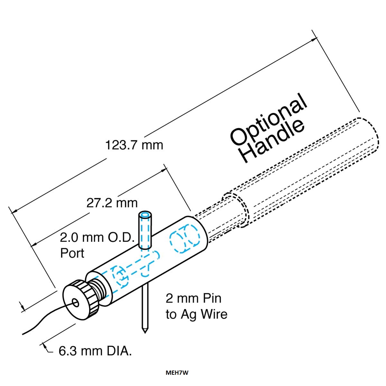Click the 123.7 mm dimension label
point(134,145)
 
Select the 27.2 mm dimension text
point(112,203)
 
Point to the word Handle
point(273,141)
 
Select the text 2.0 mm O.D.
point(97,238)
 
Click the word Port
point(72,253)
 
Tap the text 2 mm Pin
point(194,299)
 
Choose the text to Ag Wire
point(197,314)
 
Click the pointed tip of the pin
point(145,333)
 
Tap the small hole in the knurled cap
point(76,303)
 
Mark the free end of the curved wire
point(23,334)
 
